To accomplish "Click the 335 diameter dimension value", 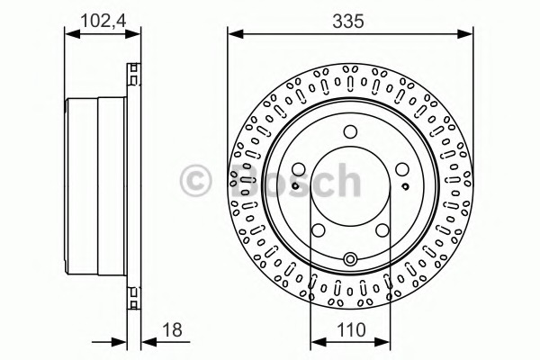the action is click(348, 22).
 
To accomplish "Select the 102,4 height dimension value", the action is click(103, 21).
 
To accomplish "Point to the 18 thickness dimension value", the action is click(172, 329).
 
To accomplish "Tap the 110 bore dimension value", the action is click(351, 329).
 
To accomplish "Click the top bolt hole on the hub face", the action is click(350, 131).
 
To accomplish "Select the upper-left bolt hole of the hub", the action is click(299, 169).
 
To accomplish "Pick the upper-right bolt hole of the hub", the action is click(402, 169).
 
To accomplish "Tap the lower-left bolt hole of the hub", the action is click(319, 230).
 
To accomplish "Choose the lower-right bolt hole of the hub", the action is click(382, 230).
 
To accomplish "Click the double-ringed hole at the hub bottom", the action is click(350, 258).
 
